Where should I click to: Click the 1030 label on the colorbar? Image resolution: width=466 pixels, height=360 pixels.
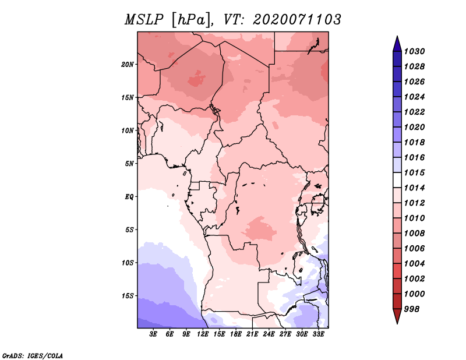click(x=415, y=51)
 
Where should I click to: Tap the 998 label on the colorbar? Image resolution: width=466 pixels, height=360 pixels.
click(x=412, y=309)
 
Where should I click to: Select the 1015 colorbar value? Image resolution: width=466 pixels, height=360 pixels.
click(x=415, y=172)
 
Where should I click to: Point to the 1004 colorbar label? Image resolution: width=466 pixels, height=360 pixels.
click(x=415, y=264)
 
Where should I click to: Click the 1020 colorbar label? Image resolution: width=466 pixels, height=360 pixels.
click(x=415, y=127)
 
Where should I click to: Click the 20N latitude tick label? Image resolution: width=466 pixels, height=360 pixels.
click(x=128, y=65)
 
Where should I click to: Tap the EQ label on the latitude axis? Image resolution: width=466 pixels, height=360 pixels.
click(x=129, y=197)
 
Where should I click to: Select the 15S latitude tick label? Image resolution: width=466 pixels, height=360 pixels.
click(x=128, y=296)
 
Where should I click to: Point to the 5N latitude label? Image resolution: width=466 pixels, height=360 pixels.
click(x=129, y=164)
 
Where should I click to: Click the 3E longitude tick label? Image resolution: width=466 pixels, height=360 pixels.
click(x=153, y=334)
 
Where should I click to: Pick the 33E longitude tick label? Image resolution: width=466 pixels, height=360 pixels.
click(x=318, y=334)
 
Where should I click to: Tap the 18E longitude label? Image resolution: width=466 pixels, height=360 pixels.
click(x=236, y=334)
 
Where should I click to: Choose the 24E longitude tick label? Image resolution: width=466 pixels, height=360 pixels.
click(x=269, y=334)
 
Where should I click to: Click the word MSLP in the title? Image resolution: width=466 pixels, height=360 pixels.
click(x=144, y=20)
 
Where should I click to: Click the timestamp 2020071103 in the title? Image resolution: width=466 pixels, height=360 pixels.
click(x=297, y=20)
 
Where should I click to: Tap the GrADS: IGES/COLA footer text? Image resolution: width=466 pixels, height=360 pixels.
click(x=33, y=356)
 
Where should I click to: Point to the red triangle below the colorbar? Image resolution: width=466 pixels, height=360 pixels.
click(x=397, y=315)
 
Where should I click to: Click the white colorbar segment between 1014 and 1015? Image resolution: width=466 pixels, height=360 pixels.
click(x=397, y=180)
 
